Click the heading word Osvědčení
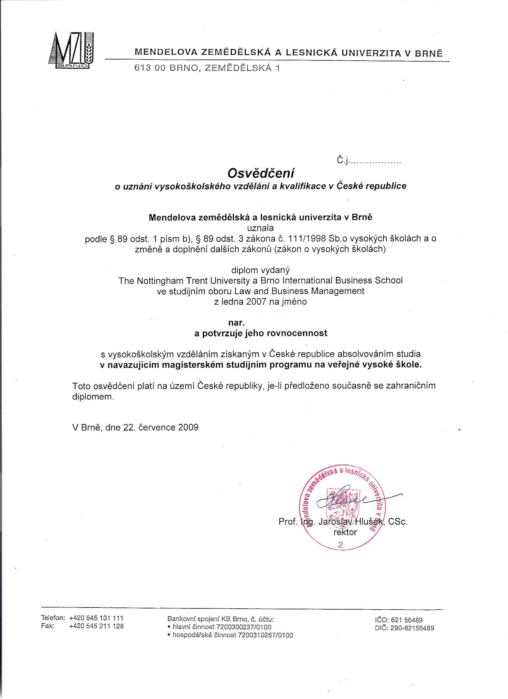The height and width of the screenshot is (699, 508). [261, 173]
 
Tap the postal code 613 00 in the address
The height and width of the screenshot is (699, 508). [148, 68]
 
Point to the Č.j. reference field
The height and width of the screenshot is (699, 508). [368, 161]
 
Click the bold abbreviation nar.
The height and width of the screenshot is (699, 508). [236, 323]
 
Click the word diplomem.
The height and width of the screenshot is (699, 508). [93, 397]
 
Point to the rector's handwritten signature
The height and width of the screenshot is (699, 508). [345, 500]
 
